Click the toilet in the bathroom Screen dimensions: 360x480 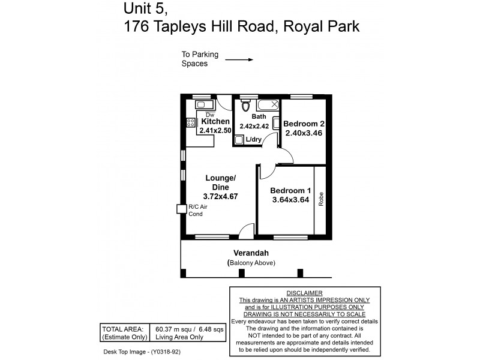pos(245,107)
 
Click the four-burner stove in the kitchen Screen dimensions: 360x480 pos(191,123)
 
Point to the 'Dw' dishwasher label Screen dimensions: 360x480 pos(209,114)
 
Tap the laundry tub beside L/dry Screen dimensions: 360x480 pos(239,140)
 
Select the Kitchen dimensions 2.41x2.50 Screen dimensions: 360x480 pos(214,130)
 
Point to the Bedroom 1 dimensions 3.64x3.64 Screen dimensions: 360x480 pos(290,200)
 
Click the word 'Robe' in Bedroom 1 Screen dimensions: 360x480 pos(321,199)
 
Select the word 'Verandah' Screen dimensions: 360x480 pos(250,253)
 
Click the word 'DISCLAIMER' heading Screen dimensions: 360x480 pos(305,292)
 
